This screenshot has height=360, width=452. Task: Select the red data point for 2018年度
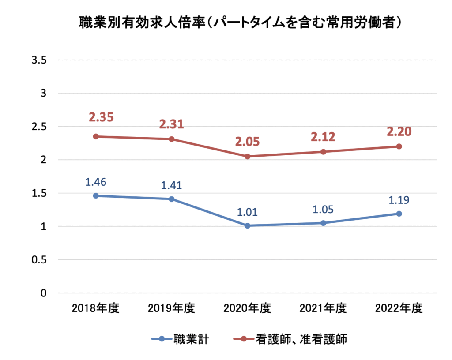coord(95,136)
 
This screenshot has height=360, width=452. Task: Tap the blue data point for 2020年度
coord(247,225)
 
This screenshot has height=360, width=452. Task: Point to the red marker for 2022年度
coord(399,146)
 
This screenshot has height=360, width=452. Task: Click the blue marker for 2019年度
coord(171,199)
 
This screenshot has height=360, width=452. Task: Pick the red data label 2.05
coord(247,142)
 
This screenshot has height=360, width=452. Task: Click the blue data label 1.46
coord(95,181)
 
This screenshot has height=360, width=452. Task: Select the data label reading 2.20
coord(399,131)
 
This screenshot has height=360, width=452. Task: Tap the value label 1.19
coord(399,199)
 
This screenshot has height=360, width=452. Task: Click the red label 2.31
coord(171,125)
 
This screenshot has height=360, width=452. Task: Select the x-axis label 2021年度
coord(323,308)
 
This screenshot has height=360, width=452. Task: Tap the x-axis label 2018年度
coord(95,308)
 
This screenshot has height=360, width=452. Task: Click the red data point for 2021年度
coord(323,152)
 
